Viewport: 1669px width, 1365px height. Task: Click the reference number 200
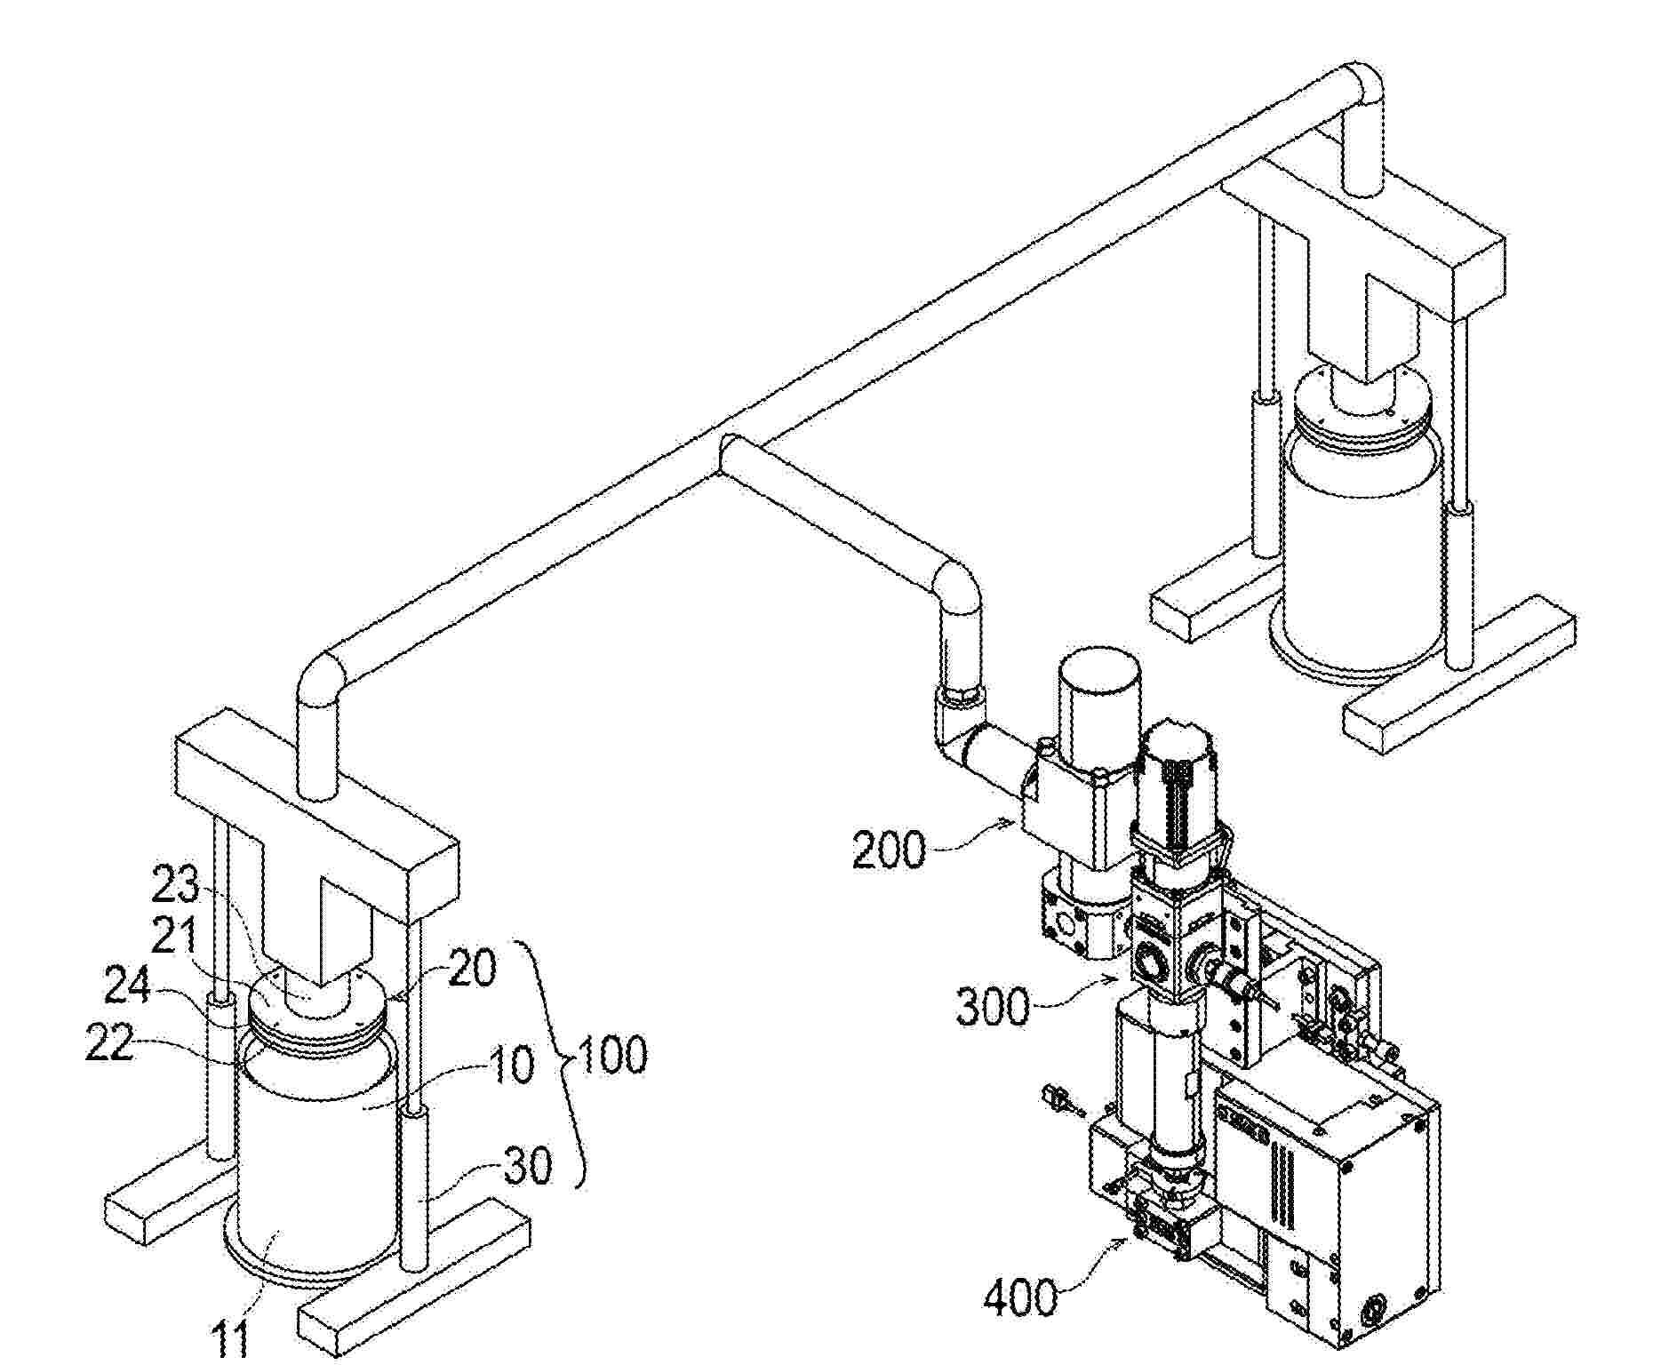click(889, 850)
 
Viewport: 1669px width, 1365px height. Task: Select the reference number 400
click(1020, 1299)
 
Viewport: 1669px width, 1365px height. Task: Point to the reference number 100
click(612, 1055)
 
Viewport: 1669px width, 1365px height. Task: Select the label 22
click(110, 1042)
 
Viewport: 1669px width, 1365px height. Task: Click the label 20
click(471, 969)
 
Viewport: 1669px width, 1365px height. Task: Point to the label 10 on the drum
click(510, 1064)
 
